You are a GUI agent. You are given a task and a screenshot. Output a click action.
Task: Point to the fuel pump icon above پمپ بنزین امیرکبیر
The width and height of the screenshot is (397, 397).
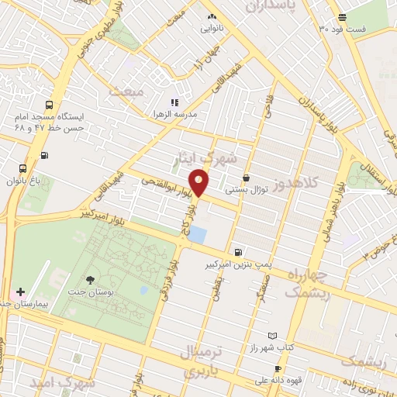click(237, 252)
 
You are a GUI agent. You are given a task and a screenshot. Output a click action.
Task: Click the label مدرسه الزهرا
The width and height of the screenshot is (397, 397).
click(174, 114)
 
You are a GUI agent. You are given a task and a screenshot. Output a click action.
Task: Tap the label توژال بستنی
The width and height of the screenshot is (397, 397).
click(246, 188)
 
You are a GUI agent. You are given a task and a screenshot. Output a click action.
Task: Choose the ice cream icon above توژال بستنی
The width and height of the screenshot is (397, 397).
click(246, 178)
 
